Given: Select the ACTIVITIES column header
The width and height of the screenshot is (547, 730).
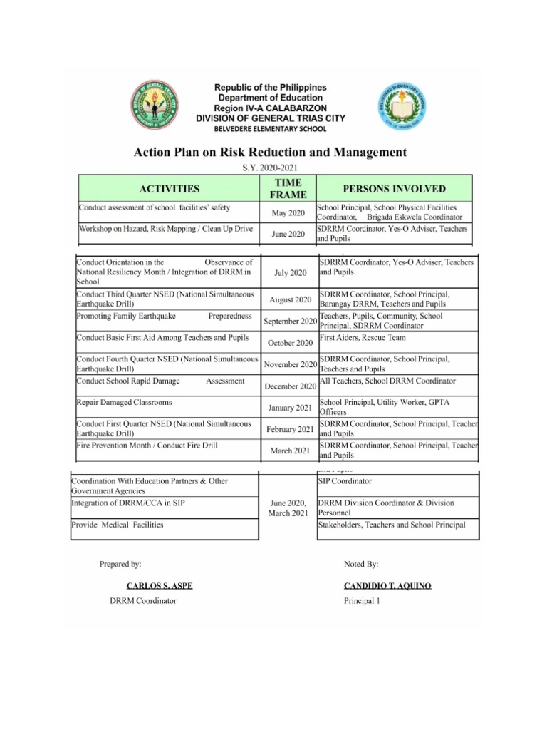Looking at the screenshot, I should pos(169,189).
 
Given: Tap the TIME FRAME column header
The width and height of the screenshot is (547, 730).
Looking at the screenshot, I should pos(288,189).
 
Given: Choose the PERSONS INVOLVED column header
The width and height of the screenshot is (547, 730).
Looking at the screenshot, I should pos(395,189).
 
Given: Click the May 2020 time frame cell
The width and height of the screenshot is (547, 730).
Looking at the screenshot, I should pos(288,213).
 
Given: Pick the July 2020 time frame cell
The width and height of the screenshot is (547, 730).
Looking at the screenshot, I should pos(290,272).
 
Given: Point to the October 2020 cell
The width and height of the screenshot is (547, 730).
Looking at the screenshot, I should pos(290,343).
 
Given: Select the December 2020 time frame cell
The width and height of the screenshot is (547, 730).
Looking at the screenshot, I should pos(290,386).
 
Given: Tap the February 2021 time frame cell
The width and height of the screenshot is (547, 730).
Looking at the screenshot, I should pos(290,429).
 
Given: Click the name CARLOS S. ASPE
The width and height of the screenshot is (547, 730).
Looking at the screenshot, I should pos(159,586).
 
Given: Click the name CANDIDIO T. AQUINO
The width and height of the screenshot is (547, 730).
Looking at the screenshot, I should pos(387,586).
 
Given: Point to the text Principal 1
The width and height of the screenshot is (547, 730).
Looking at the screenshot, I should pos(362,601).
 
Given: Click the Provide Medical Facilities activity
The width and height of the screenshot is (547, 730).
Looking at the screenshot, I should pos(118,525).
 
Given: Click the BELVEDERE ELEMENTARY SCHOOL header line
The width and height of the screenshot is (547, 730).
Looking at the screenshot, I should pos(271,129).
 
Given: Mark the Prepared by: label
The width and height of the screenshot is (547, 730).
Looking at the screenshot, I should pos(120,564).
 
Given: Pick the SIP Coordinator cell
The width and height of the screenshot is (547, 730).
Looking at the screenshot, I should pos(345,481).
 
